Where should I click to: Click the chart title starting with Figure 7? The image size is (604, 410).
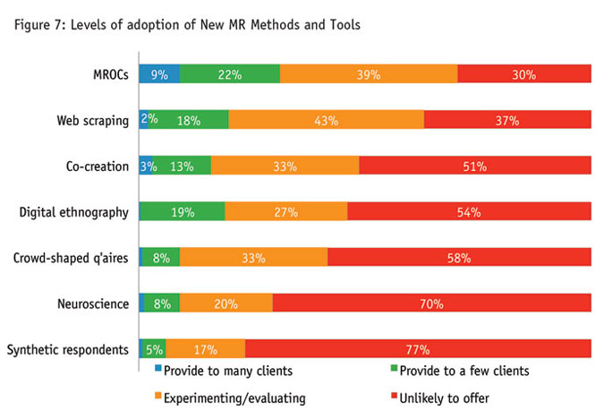click(x=188, y=24)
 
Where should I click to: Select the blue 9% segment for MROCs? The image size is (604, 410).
click(x=159, y=75)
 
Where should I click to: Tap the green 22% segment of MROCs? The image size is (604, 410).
click(x=230, y=75)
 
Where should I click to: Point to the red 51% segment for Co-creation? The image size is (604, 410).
click(x=474, y=166)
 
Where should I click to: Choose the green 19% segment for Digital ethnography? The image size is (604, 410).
click(x=182, y=212)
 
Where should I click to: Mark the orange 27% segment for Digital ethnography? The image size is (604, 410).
click(x=286, y=212)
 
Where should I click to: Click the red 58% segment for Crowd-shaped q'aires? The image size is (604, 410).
click(x=459, y=258)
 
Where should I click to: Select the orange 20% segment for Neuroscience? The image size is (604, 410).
click(x=225, y=303)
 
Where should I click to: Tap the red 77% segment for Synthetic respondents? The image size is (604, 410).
click(x=418, y=349)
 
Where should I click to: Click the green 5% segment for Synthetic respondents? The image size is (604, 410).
click(x=154, y=349)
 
